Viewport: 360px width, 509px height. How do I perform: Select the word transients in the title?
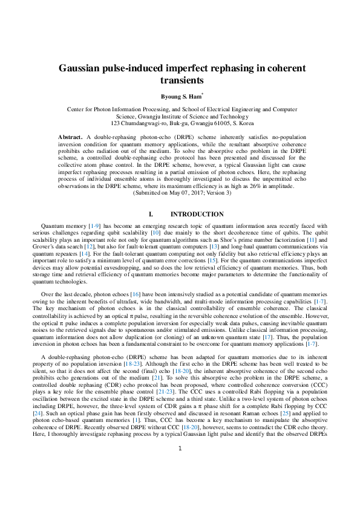pyautogui.click(x=180, y=80)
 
